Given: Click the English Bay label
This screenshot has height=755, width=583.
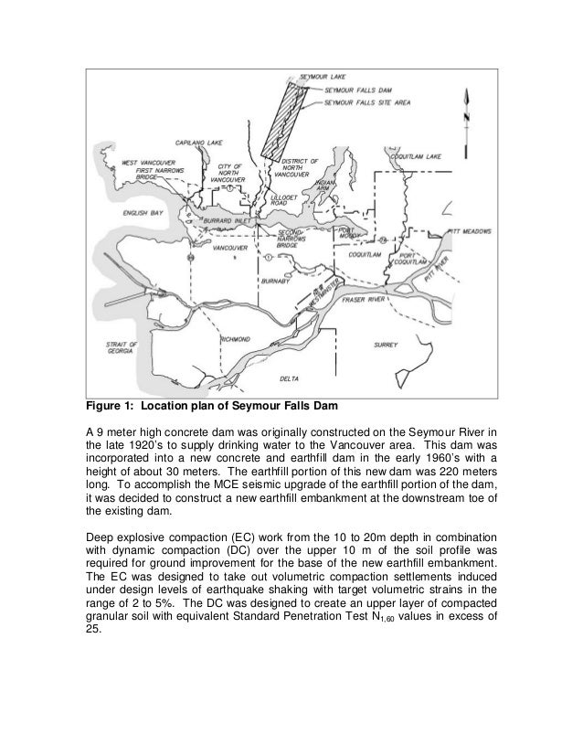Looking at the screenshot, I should click(x=143, y=213).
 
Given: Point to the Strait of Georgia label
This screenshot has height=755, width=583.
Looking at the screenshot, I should click(x=119, y=348).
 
